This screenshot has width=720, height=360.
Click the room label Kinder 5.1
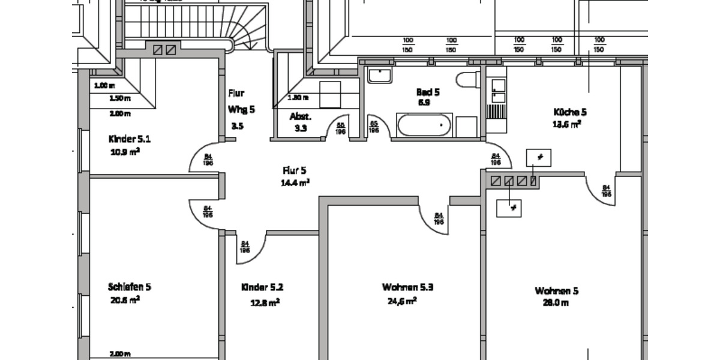tap(129, 139)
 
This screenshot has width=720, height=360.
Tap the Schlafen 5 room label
tap(129, 286)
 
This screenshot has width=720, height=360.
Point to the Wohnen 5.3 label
tap(407, 287)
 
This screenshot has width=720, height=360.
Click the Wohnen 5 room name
tap(556, 291)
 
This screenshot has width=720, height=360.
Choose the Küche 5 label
tap(569, 112)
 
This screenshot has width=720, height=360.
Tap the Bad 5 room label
tap(428, 92)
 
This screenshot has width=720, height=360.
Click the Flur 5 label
tap(295, 170)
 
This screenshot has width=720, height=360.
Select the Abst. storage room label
tap(300, 116)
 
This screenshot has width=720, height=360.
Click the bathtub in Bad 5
tap(424, 125)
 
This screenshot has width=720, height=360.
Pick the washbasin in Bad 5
tap(379, 75)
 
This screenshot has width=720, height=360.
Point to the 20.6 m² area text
tap(124, 299)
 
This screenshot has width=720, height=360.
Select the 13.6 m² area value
tap(566, 125)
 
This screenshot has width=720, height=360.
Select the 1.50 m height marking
tap(120, 98)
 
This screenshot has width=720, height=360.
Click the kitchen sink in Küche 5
tap(496, 92)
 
